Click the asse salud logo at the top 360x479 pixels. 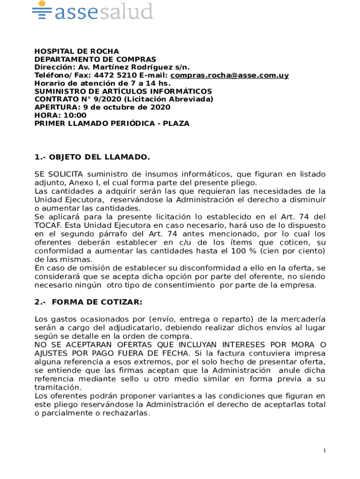tap(93, 11)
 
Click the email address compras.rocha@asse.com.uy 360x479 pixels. tap(230, 75)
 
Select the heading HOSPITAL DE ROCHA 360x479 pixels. tap(77, 51)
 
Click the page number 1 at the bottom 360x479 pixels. tap(324, 450)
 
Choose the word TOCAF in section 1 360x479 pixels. tap(47, 225)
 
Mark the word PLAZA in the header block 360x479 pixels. tap(176, 123)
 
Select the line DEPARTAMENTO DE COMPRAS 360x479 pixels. tap(95, 59)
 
